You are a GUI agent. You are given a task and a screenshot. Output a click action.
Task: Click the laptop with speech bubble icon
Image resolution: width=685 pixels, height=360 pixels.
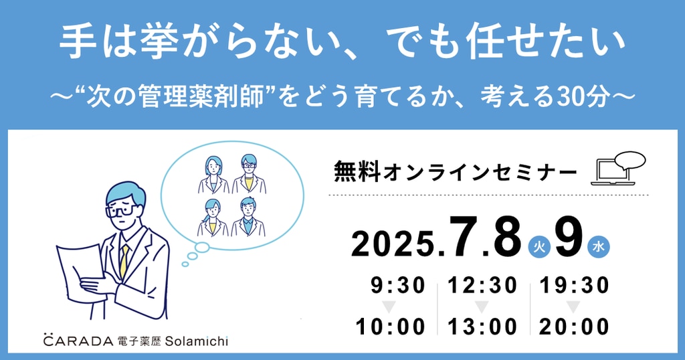[617, 168]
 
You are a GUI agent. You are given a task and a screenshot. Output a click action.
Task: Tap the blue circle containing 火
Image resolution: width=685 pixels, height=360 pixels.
[539, 248]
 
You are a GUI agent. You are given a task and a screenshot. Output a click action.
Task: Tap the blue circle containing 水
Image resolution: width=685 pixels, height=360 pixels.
[599, 248]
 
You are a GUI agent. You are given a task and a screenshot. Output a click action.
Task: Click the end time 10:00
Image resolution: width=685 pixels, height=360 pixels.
[391, 327]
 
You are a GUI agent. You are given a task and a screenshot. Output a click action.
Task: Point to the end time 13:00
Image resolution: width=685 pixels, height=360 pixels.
[482, 327]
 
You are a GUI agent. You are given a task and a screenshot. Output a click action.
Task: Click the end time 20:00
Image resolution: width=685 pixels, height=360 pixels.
[574, 327]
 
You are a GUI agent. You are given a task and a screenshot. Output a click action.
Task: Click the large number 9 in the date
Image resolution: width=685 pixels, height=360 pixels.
[569, 238]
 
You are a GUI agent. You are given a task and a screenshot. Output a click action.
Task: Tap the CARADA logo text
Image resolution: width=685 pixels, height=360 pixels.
[78, 341]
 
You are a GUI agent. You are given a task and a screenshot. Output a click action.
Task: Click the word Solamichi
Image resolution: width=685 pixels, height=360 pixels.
[197, 341]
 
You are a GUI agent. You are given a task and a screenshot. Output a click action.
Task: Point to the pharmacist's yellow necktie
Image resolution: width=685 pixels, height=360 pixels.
[124, 261]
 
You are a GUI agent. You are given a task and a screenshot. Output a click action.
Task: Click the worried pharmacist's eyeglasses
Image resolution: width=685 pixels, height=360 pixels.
[120, 211]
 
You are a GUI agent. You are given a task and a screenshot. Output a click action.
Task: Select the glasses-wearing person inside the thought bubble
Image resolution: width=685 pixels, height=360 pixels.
[249, 174]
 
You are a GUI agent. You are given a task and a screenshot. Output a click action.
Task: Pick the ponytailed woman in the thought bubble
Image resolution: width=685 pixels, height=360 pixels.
[213, 217]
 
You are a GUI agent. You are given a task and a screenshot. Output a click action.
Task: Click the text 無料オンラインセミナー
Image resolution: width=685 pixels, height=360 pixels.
[455, 171]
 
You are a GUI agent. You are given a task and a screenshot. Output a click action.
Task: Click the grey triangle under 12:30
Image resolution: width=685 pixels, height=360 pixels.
[482, 306]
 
